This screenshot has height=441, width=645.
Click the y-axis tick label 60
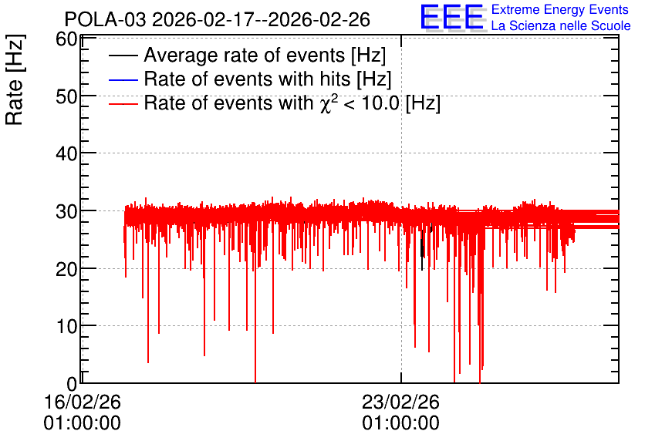click(x=66, y=39)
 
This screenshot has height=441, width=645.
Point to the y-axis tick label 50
click(x=66, y=97)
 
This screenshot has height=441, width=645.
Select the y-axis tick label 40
click(x=66, y=154)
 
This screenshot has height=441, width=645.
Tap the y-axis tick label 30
click(x=66, y=212)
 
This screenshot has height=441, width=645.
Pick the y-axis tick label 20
click(x=66, y=270)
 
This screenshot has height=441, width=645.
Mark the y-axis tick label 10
click(x=66, y=327)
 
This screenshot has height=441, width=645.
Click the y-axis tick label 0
click(x=72, y=384)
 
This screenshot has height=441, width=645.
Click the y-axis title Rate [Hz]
click(x=15, y=79)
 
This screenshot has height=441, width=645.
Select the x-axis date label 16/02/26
click(x=83, y=402)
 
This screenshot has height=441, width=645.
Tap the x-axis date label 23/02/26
click(x=400, y=402)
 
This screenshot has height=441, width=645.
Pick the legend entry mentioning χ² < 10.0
click(x=292, y=103)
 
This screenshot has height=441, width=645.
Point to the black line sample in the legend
click(x=123, y=56)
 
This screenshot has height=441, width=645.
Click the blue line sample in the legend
click(x=123, y=79)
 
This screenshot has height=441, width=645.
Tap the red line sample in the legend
click(x=123, y=103)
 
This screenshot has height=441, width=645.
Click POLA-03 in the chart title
click(x=105, y=20)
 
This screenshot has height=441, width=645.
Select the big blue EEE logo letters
click(x=452, y=17)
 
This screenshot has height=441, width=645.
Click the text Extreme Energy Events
click(x=560, y=9)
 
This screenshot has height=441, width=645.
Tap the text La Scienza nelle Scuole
click(x=561, y=26)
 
